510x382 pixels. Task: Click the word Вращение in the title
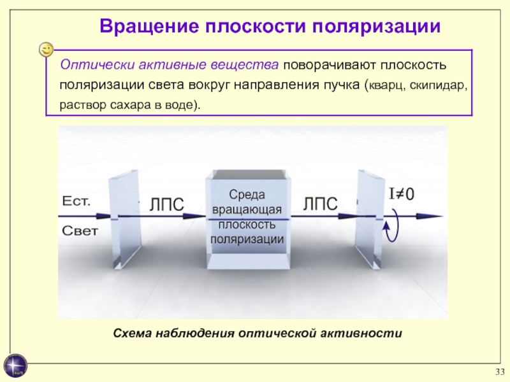coord(149,26)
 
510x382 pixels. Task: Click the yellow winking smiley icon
coord(46,50)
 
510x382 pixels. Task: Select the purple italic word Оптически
coord(98,65)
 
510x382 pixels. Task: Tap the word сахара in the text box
coord(131,106)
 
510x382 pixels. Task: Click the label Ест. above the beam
coord(76,201)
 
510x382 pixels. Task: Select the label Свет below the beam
coord(80,231)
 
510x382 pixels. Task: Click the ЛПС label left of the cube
coord(166,204)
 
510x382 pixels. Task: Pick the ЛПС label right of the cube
coord(321,204)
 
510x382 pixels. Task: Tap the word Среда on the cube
coord(247,195)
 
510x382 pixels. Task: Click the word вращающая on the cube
coord(247,209)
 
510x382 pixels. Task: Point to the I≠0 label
coord(402,194)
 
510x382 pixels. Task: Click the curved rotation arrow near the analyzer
coord(396,225)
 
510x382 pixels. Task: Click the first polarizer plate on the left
coord(126,219)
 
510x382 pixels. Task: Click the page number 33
coord(500,372)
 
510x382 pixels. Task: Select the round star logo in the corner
coord(15,365)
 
